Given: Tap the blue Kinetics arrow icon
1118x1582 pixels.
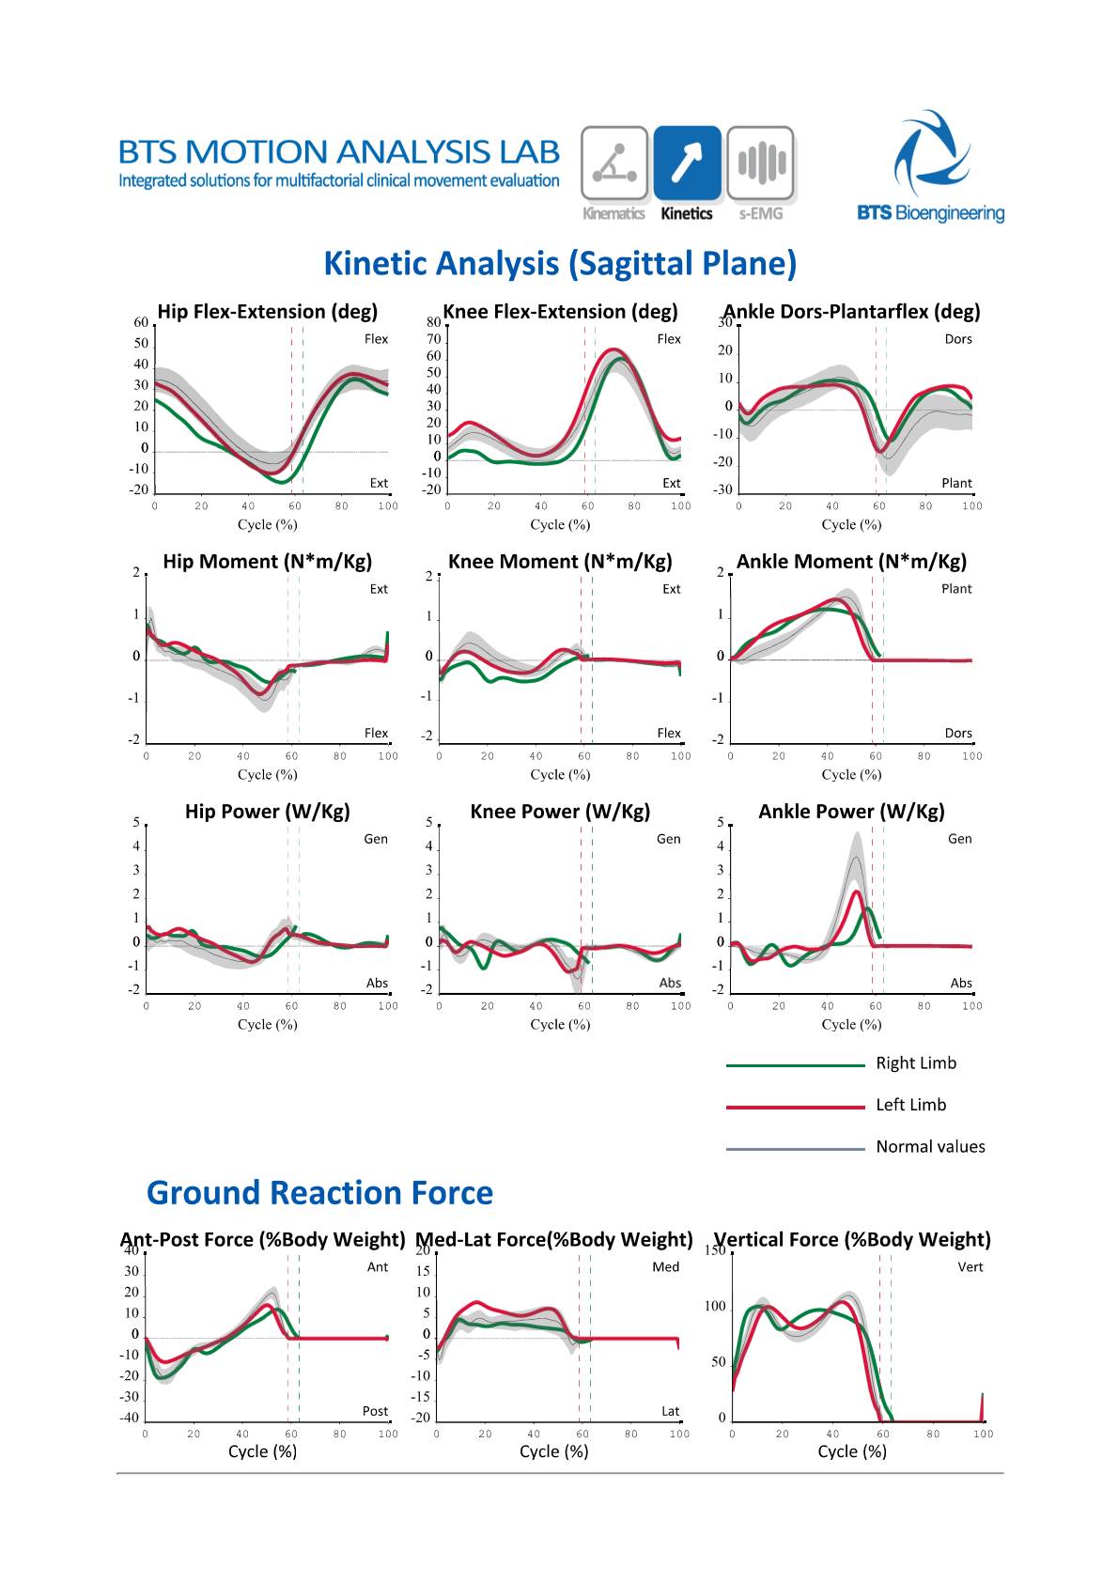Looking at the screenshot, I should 687,163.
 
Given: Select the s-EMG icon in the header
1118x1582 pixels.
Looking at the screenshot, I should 760,163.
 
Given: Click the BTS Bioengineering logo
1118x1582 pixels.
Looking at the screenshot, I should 930,167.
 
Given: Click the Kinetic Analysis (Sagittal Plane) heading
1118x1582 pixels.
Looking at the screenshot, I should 560,264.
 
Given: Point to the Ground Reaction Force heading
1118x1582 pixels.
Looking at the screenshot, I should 319,1193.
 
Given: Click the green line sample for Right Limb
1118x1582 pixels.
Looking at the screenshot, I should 795,1064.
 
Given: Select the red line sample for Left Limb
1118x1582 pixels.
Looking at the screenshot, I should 795,1107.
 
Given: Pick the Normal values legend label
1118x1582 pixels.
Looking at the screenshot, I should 930,1147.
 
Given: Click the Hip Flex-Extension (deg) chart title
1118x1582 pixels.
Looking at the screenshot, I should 268,312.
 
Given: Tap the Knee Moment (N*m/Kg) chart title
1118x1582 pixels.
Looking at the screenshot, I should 560,562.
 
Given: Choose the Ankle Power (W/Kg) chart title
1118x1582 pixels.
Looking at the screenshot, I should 851,812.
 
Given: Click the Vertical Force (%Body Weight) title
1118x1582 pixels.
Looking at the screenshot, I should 852,1240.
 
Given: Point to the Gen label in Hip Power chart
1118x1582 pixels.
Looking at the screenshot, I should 376,839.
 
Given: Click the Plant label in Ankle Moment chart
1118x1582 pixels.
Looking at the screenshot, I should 956,589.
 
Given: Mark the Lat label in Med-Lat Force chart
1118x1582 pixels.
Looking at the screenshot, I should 670,1411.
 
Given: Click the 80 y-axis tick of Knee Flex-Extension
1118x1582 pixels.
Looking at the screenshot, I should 433,322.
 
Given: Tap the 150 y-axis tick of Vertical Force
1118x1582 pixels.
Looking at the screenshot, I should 715,1250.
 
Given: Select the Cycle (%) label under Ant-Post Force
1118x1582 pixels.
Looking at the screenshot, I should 262,1451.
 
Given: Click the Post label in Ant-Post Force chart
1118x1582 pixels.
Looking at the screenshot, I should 375,1411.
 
